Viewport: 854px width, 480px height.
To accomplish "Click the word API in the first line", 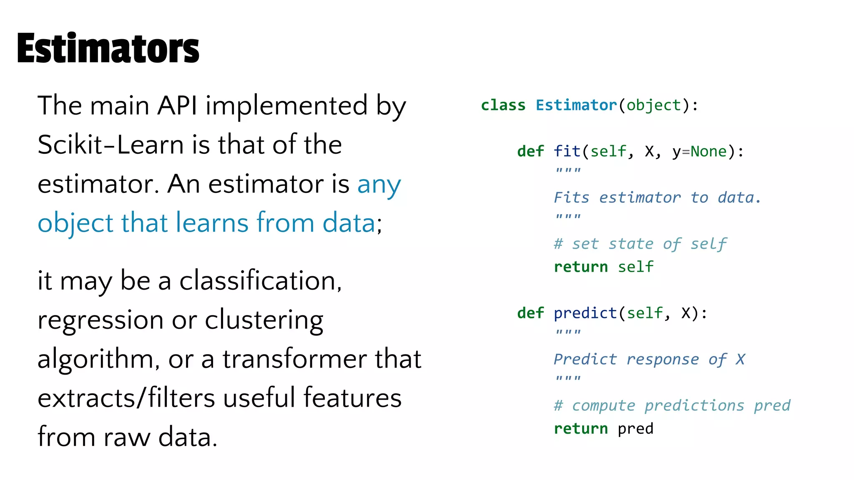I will coord(177,105).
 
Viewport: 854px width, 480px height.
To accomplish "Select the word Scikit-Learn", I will coord(111,145).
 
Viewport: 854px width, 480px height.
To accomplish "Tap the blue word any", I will coord(379,184).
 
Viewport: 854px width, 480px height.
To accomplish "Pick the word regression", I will coord(100,320).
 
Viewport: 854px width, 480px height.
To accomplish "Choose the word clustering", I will coord(264,320).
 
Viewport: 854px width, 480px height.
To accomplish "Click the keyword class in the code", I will coord(503,105).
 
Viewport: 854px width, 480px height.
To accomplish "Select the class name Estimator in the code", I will coord(576,105).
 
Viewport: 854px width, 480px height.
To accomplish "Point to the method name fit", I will coord(567,151).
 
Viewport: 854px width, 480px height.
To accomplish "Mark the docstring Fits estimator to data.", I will coord(657,197).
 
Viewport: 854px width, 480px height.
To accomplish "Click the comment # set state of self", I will coord(640,244).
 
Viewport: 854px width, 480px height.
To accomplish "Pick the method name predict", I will coord(585,313).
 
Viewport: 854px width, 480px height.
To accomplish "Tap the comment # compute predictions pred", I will coord(672,405).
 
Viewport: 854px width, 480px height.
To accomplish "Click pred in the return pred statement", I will coord(635,428).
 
